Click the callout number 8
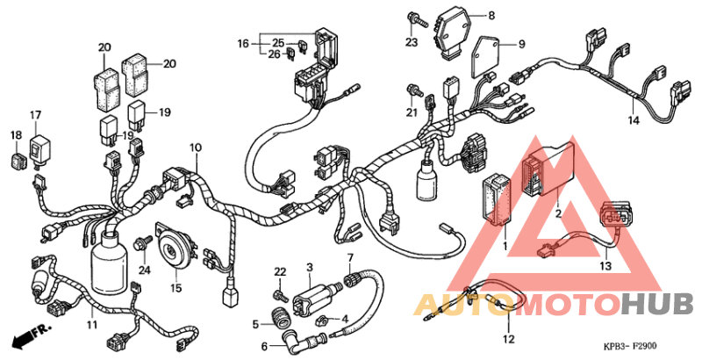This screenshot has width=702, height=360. (x=491, y=15)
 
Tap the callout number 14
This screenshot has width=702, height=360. (x=634, y=119)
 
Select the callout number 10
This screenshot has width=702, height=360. (x=195, y=147)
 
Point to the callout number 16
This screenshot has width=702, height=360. (x=243, y=42)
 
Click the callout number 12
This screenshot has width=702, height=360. (x=508, y=338)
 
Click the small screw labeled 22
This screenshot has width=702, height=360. (x=280, y=291)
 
